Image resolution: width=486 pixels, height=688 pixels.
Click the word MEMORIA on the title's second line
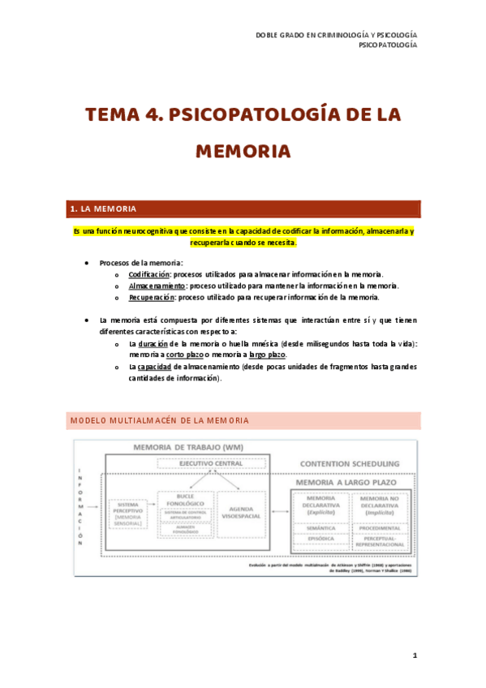(243, 152)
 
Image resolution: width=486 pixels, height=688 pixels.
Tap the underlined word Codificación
(147, 274)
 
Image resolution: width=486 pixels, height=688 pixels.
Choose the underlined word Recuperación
(151, 297)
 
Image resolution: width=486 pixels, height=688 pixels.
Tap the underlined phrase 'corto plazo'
(186, 355)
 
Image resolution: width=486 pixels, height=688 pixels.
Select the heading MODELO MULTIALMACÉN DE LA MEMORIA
(159, 420)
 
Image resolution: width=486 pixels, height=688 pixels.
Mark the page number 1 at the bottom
(414, 656)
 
